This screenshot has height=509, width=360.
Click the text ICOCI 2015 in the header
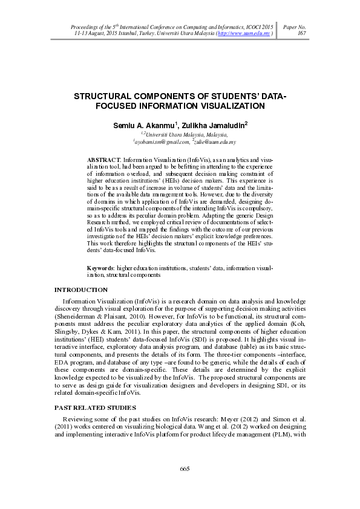pyautogui.click(x=259, y=28)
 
